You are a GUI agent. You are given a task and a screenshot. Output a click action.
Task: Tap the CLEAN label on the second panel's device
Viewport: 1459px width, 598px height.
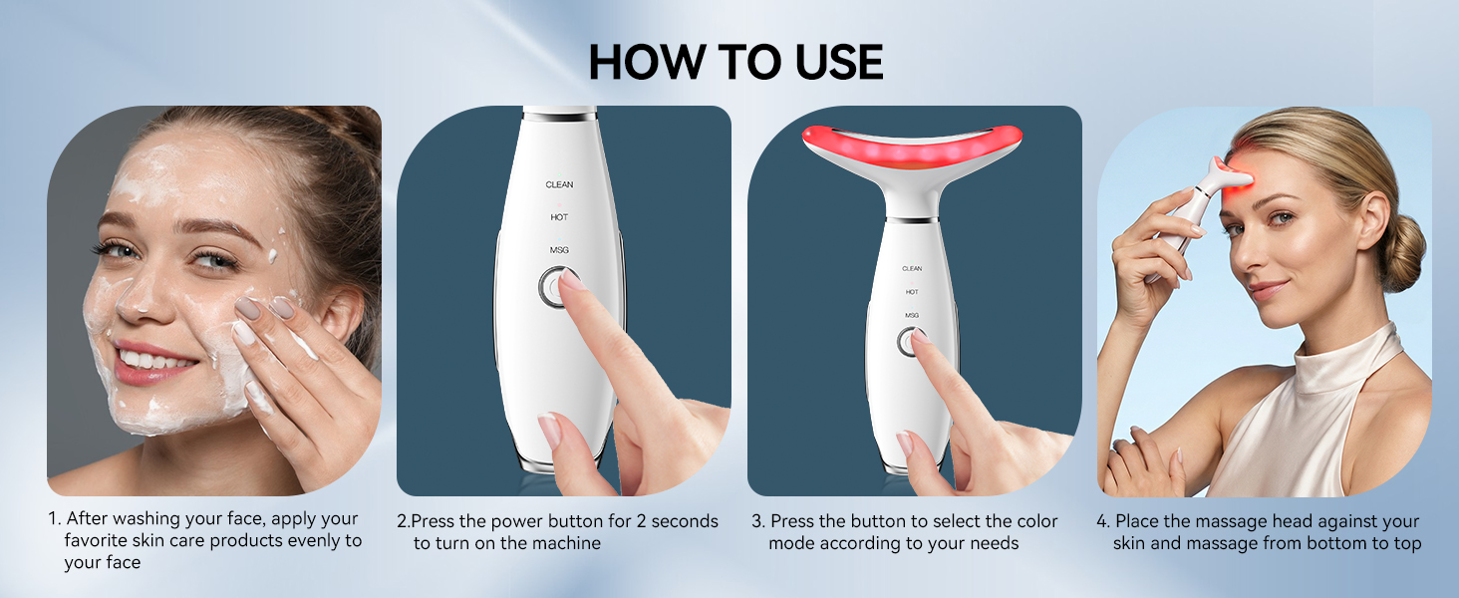click(x=559, y=184)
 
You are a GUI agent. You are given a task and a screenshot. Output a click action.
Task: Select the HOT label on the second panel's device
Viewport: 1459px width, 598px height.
click(x=559, y=217)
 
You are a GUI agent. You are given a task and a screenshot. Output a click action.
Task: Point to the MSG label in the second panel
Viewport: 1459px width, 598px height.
click(x=559, y=250)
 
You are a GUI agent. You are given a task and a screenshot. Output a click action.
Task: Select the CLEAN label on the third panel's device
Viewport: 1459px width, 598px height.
click(x=912, y=269)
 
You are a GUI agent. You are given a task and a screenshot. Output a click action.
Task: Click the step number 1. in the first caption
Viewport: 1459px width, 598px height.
click(x=55, y=520)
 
